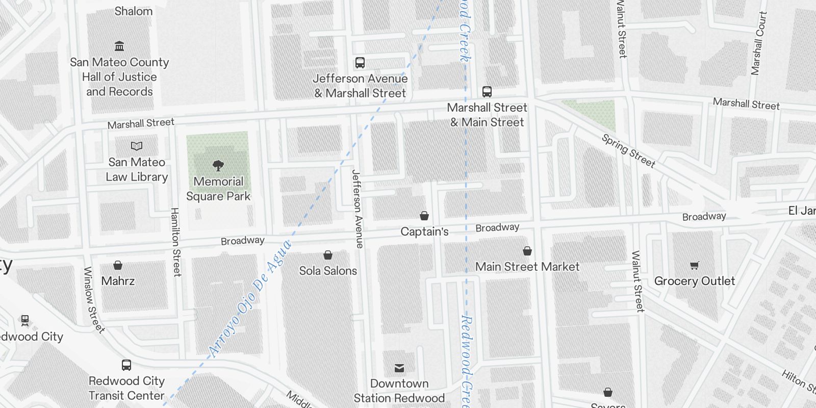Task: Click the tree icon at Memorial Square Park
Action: coord(218,165)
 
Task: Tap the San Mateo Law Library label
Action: coord(137,169)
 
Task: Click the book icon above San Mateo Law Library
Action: coord(137,146)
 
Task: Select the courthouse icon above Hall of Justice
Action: coord(119,46)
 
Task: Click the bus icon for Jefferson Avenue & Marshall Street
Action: coord(360,63)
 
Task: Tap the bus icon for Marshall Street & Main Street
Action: coord(487,92)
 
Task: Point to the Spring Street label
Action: coord(628,151)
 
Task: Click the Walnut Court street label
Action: coord(758,43)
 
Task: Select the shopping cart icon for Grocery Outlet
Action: coord(694,265)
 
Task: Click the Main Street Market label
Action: coord(527,267)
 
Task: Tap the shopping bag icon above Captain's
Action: coord(424,216)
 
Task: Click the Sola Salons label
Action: coord(328,271)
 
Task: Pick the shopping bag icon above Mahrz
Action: coord(118,265)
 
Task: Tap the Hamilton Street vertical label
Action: coord(175,242)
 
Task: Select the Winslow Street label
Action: coord(93,300)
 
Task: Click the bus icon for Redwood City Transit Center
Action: coord(126,365)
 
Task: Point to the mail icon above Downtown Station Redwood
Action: coord(399,368)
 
